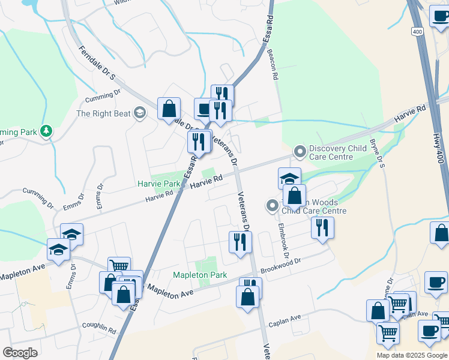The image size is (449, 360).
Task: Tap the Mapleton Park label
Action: point(200,275)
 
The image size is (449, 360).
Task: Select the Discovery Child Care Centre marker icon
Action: point(300,153)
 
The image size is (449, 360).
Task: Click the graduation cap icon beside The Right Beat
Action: point(140,113)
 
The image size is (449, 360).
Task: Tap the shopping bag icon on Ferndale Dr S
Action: point(169,109)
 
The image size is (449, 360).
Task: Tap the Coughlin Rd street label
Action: point(100,328)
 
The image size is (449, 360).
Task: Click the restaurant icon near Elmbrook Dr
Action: point(322,227)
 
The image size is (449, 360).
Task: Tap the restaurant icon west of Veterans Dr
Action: point(238,242)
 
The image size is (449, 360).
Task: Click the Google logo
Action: point(20,352)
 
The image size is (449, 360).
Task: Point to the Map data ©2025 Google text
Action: point(412,355)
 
